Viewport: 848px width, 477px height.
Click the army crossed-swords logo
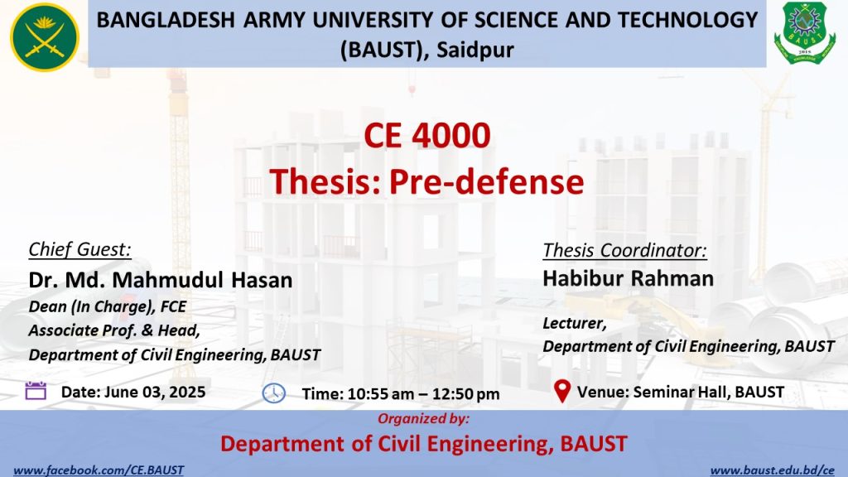pos(45,37)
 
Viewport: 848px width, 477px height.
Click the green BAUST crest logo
pos(805,32)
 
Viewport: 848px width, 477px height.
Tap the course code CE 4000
pos(427,135)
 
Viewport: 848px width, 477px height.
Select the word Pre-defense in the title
pos(487,181)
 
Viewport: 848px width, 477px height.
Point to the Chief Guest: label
pos(80,249)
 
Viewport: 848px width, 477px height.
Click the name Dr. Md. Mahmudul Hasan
pos(161,280)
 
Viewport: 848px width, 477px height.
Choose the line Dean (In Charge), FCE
pos(108,306)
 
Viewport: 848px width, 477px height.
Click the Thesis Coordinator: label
pos(624,250)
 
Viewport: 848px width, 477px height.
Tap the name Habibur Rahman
pos(629,278)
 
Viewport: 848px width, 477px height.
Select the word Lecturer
pos(575,323)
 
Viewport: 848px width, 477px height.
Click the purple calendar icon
pos(36,391)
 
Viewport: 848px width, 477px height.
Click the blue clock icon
pos(273,393)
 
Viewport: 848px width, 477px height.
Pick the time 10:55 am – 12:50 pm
pos(423,393)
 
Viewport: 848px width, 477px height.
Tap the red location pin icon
pos(562,391)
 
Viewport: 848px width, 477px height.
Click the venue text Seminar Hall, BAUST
pos(709,392)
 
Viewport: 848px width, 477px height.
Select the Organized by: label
pos(423,418)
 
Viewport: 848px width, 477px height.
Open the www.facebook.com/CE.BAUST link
pos(99,470)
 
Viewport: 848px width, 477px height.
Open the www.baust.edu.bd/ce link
pos(773,470)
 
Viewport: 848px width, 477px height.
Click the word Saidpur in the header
pos(475,50)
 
